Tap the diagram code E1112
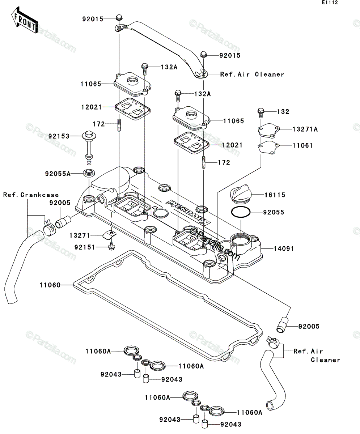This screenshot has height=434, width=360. pyautogui.click(x=330, y=3)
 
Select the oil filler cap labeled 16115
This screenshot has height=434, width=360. pyautogui.click(x=240, y=193)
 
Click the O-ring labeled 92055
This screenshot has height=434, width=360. pyautogui.click(x=241, y=212)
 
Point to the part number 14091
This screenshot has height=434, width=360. pyautogui.click(x=283, y=248)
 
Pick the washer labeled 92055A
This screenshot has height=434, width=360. pyautogui.click(x=89, y=173)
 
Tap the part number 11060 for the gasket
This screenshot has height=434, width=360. pyautogui.click(x=50, y=285)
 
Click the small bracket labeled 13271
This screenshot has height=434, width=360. pyautogui.click(x=110, y=235)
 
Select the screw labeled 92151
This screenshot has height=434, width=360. pyautogui.click(x=112, y=246)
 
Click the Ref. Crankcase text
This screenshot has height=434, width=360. pyautogui.click(x=31, y=195)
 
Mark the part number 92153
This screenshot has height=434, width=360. pyautogui.click(x=59, y=136)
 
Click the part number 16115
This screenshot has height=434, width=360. pyautogui.click(x=275, y=195)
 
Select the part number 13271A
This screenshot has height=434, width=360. pyautogui.click(x=305, y=129)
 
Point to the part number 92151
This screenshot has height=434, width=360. pyautogui.click(x=85, y=247)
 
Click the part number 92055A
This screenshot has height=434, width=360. pyautogui.click(x=58, y=174)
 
